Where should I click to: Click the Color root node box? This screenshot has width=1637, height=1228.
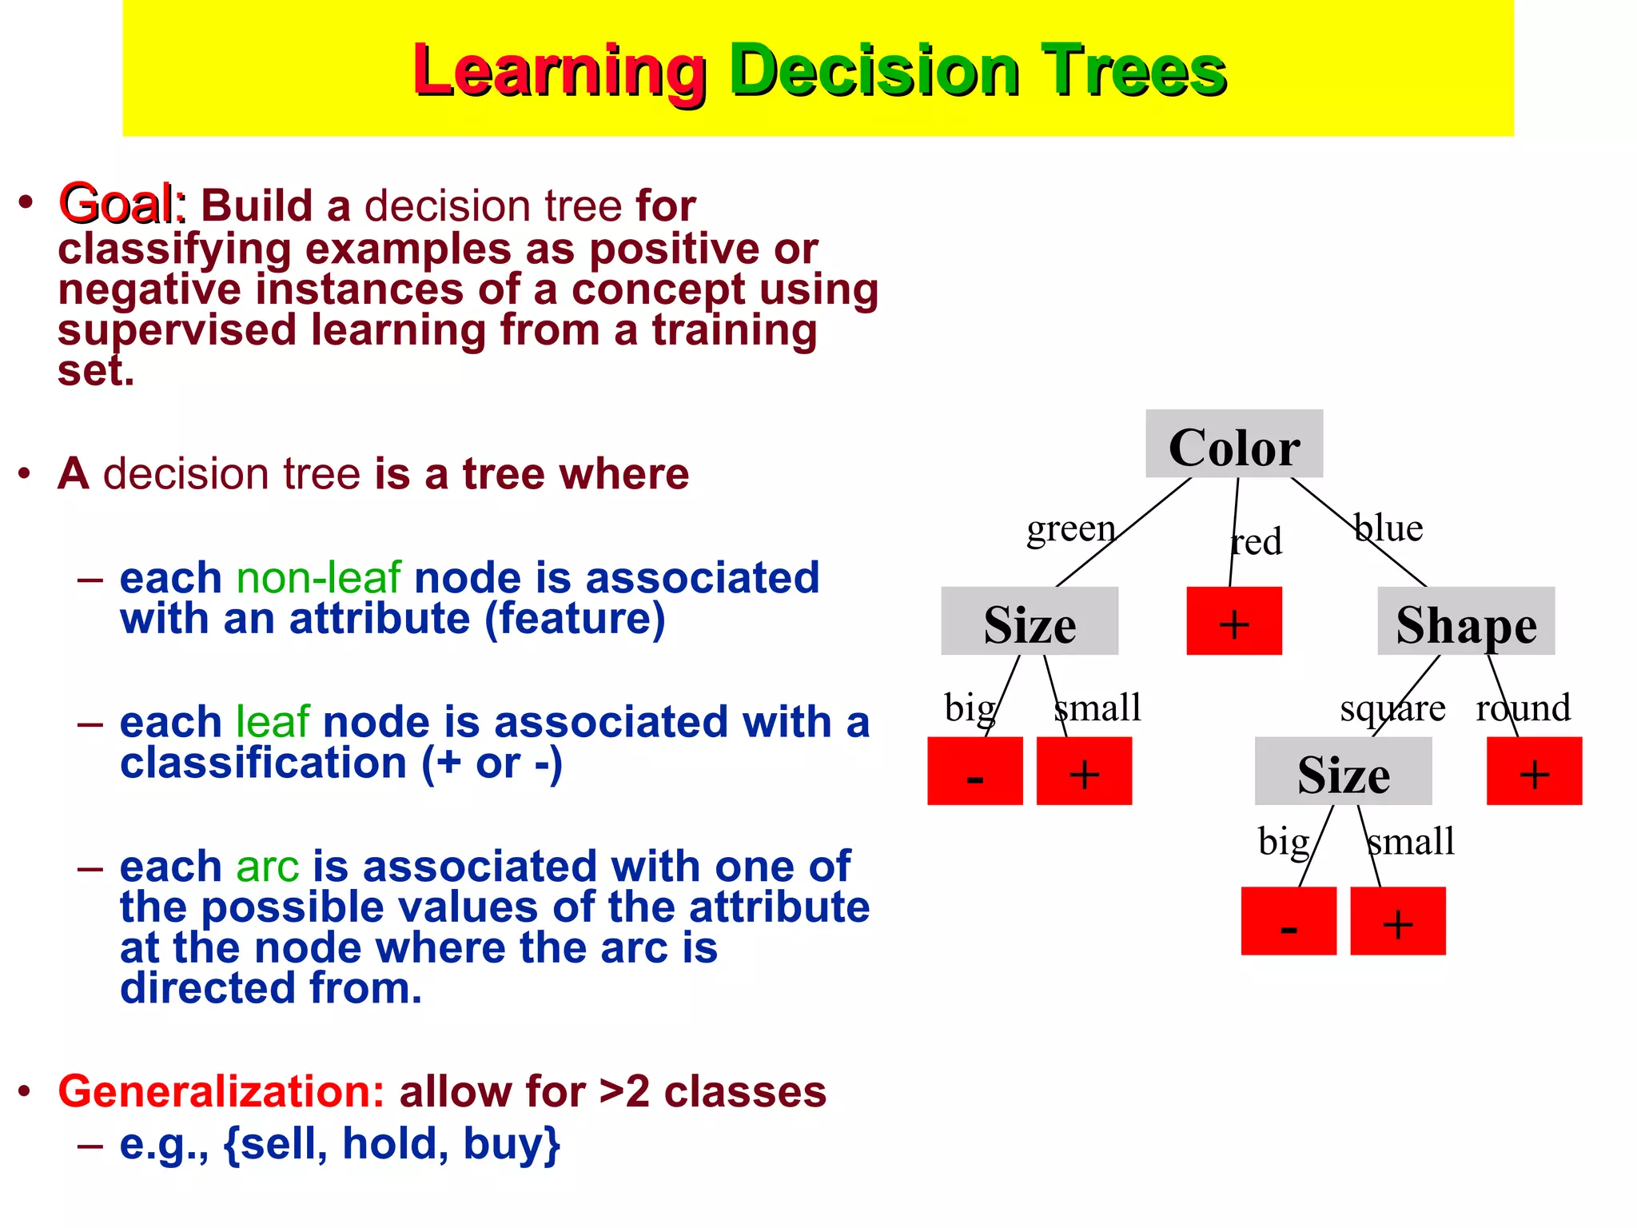[x=1233, y=445]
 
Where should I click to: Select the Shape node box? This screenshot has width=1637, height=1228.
[x=1466, y=622]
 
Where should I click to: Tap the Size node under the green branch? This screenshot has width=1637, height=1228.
[x=1029, y=622]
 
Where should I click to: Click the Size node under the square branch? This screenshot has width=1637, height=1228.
[x=1343, y=771]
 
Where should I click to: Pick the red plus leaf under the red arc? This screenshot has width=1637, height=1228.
[x=1233, y=622]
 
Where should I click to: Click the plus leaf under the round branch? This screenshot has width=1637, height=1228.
[x=1533, y=771]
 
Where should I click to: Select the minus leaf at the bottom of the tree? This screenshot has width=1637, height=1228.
[x=1288, y=921]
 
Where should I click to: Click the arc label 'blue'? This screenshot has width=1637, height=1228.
[x=1388, y=528]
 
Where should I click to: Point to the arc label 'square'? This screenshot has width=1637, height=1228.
[x=1392, y=708]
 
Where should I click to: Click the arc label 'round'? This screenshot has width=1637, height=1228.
[x=1523, y=708]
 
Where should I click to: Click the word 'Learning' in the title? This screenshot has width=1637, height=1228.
[x=559, y=72]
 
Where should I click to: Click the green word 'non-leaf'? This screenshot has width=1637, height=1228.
[x=318, y=578]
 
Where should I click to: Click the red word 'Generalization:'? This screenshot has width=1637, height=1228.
[x=221, y=1091]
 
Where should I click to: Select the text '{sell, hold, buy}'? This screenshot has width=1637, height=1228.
[x=392, y=1144]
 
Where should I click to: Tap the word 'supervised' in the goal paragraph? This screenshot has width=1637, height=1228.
[x=177, y=331]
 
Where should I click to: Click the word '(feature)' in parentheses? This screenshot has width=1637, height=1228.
[x=575, y=620]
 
